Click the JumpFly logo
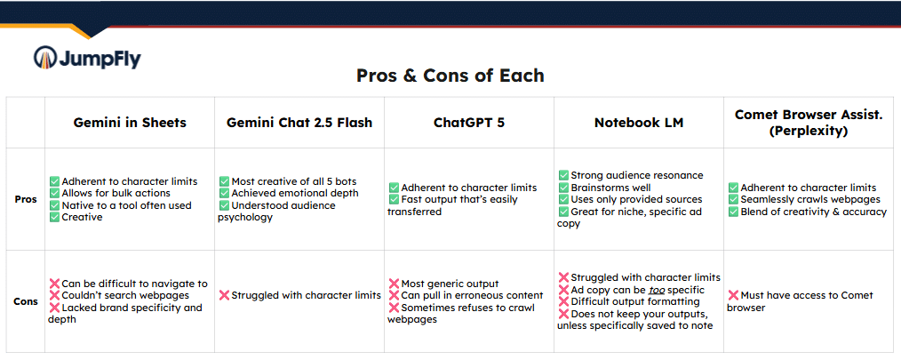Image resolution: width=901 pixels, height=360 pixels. (x=87, y=58)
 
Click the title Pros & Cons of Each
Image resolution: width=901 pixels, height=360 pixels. (x=450, y=76)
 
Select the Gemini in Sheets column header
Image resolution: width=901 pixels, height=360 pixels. (x=130, y=123)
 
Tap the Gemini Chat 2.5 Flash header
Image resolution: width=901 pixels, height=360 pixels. (x=299, y=123)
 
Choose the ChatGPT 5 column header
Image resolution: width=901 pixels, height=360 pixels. (x=469, y=123)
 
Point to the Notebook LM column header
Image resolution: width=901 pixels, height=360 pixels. (x=639, y=123)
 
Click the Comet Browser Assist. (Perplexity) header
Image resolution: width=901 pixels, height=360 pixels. (x=809, y=123)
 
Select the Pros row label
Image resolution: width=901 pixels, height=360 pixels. (x=27, y=199)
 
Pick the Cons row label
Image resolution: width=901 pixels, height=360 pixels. (x=27, y=301)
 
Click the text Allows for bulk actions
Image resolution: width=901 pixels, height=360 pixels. (x=116, y=193)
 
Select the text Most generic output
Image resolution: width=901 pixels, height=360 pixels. (x=450, y=284)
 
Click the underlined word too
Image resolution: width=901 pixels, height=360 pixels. (x=658, y=290)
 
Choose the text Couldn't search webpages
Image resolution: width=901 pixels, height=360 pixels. (x=126, y=296)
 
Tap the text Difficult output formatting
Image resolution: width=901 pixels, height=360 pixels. (x=635, y=302)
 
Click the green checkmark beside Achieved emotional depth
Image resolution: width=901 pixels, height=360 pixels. (x=224, y=193)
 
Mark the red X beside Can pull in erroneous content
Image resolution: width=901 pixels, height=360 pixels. (x=394, y=296)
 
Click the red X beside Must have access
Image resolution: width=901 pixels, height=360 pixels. (x=733, y=296)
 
